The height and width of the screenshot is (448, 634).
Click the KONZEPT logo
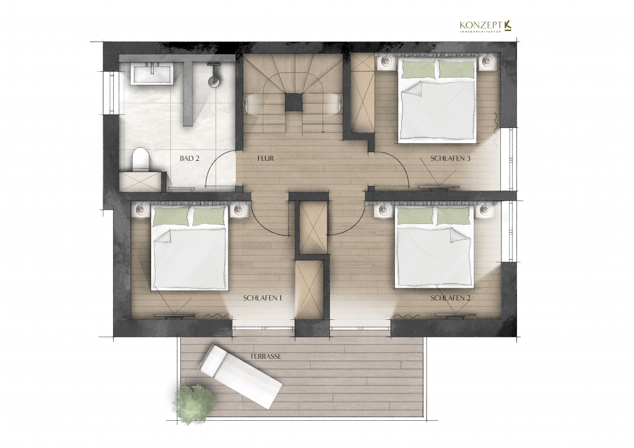coord(487,25)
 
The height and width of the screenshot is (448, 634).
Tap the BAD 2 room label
coord(189,158)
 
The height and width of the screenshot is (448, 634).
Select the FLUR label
coord(266,158)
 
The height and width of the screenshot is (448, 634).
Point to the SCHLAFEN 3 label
coord(450,158)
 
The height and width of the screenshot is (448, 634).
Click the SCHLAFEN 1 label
coord(263,298)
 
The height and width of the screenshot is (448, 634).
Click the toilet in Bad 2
coord(141,160)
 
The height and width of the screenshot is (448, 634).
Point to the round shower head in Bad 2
coord(214,80)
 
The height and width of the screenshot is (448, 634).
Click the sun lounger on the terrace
coord(240,376)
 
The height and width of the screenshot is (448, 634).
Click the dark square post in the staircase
coord(293,102)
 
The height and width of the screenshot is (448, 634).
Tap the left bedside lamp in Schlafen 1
coord(140,210)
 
